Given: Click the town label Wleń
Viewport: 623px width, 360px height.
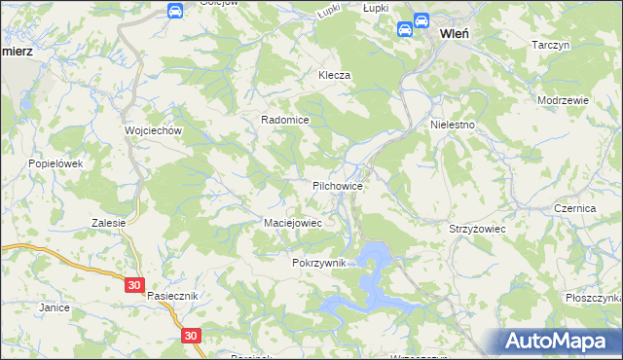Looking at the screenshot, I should pyautogui.click(x=456, y=32).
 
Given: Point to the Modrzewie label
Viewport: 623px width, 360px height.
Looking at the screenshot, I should pyautogui.click(x=564, y=100).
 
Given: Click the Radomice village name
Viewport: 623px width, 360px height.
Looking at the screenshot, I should pyautogui.click(x=284, y=120).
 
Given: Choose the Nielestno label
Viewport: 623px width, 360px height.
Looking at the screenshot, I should pyautogui.click(x=452, y=126).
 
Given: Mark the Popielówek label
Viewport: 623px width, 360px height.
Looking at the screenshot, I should pyautogui.click(x=56, y=164).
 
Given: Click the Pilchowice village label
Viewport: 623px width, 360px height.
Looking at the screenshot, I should pyautogui.click(x=338, y=184).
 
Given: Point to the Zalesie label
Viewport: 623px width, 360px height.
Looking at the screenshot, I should pyautogui.click(x=110, y=223).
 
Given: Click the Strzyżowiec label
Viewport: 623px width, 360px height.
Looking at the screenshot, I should pyautogui.click(x=474, y=228).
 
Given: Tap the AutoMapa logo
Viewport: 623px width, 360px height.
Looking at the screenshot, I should pyautogui.click(x=559, y=341).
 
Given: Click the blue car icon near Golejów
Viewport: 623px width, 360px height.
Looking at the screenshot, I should pyautogui.click(x=174, y=11).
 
